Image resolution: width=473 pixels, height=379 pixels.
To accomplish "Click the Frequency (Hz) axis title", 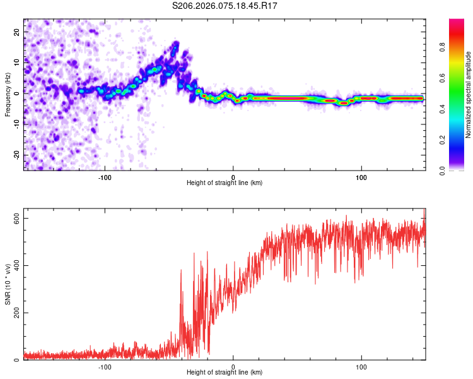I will [8, 95].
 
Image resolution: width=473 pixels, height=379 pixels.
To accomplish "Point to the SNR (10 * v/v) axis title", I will [8, 284].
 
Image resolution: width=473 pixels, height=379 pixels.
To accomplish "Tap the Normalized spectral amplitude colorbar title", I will [469, 95].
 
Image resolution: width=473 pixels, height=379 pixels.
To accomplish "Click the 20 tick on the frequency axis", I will [17, 32].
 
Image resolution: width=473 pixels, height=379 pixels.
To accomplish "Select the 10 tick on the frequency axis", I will [17, 63].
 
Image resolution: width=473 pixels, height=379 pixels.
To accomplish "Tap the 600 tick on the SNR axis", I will [15, 218].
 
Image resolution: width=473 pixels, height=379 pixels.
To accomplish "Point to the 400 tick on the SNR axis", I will [15, 265].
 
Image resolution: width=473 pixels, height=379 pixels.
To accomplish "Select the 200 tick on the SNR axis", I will [15, 313].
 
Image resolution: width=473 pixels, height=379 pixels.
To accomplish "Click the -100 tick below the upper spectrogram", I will [105, 177].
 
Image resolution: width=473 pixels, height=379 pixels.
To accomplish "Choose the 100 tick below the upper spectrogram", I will [361, 177].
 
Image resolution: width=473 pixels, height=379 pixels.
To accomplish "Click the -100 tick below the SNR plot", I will [105, 366].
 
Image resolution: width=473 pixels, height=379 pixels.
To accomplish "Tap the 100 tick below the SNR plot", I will [361, 366].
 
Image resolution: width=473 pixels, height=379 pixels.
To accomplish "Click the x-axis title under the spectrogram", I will [225, 183].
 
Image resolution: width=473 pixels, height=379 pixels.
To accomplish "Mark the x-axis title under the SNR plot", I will [225, 373].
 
